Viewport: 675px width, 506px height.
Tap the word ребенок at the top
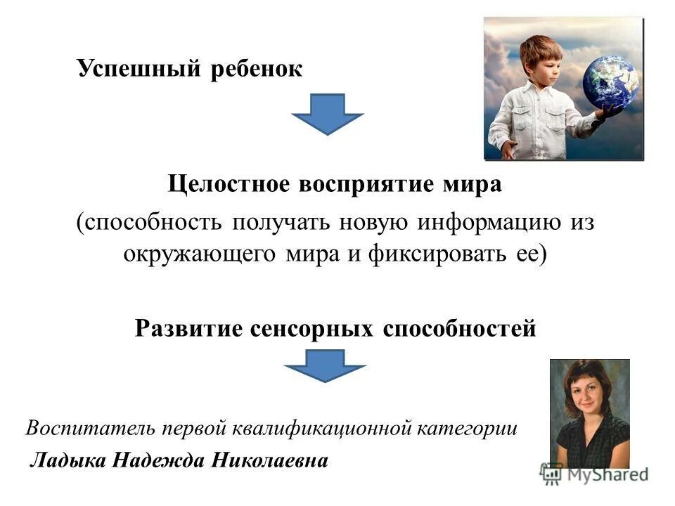pos(256,69)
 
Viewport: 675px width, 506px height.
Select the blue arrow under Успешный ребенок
pos(327,113)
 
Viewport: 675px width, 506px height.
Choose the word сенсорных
pos(312,328)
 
